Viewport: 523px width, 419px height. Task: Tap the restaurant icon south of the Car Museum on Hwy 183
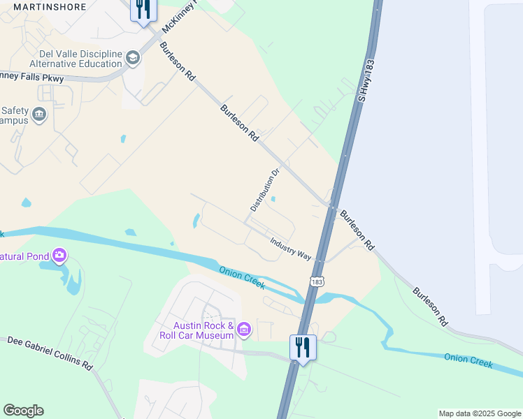(x=303, y=346)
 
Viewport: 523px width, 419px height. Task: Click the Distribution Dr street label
(x=265, y=189)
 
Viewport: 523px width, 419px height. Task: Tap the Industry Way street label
(x=291, y=248)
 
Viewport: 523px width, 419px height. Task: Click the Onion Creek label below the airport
(x=468, y=360)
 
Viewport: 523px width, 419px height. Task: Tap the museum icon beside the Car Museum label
(x=244, y=329)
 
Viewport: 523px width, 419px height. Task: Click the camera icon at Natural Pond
(x=60, y=256)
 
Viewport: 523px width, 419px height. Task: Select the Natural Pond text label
(x=24, y=256)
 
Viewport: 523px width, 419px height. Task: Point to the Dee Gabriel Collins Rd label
(x=50, y=353)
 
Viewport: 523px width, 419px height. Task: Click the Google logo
(x=23, y=411)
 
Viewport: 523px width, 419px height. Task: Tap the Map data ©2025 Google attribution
(x=480, y=413)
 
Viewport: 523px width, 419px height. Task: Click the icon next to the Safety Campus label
(x=39, y=114)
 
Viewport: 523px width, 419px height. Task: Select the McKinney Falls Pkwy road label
(x=32, y=76)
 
